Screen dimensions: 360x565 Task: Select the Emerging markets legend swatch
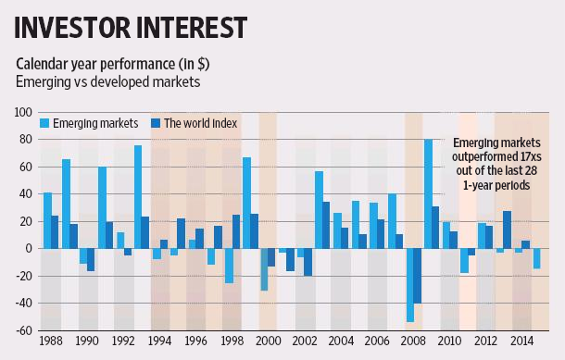pyautogui.click(x=45, y=122)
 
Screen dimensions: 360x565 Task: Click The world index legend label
pyautogui.click(x=214, y=122)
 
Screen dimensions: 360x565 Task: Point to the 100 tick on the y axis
pyautogui.click(x=20, y=112)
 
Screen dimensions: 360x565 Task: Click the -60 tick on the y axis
pyautogui.click(x=20, y=330)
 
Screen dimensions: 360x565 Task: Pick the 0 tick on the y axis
pyautogui.click(x=27, y=249)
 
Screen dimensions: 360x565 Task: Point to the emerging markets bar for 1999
pyautogui.click(x=247, y=203)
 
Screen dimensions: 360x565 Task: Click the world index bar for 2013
pyautogui.click(x=507, y=230)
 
